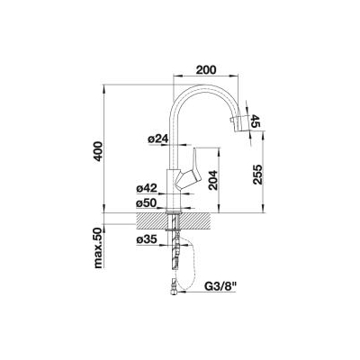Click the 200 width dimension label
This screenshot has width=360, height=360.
point(206,70)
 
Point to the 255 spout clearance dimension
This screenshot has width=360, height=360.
point(257,175)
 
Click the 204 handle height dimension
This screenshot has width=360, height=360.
point(213,180)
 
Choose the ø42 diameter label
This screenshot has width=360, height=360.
point(147,189)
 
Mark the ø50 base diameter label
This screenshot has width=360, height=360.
point(147,203)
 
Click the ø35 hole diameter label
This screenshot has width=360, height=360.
point(147,239)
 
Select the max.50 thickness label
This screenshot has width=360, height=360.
point(99,247)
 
